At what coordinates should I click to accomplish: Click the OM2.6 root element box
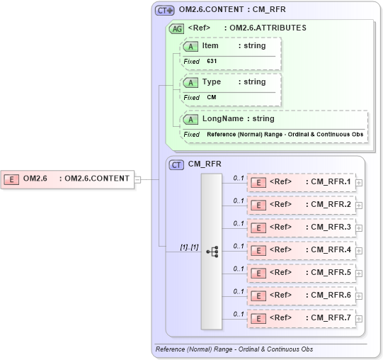coord(69,179)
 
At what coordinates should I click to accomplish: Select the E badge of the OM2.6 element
coord(11,179)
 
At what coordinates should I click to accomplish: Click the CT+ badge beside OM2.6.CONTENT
coord(164,11)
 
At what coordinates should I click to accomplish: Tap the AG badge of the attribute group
coord(176,28)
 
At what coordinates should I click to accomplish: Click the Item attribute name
coord(210,45)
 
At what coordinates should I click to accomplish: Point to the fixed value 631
coord(212,62)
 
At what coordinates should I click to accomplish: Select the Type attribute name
coord(212,81)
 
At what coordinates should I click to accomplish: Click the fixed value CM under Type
coord(211,97)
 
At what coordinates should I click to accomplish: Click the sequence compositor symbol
coord(212,252)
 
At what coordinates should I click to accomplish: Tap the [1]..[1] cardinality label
coord(189,247)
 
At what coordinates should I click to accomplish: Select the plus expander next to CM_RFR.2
coord(360,206)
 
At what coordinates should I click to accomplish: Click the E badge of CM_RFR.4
coord(259,250)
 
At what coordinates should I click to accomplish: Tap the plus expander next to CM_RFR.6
coord(360,296)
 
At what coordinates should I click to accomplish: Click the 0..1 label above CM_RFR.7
coord(239,314)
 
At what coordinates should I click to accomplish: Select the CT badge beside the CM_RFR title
coord(176,164)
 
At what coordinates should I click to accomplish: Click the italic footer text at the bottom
coord(234,349)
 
